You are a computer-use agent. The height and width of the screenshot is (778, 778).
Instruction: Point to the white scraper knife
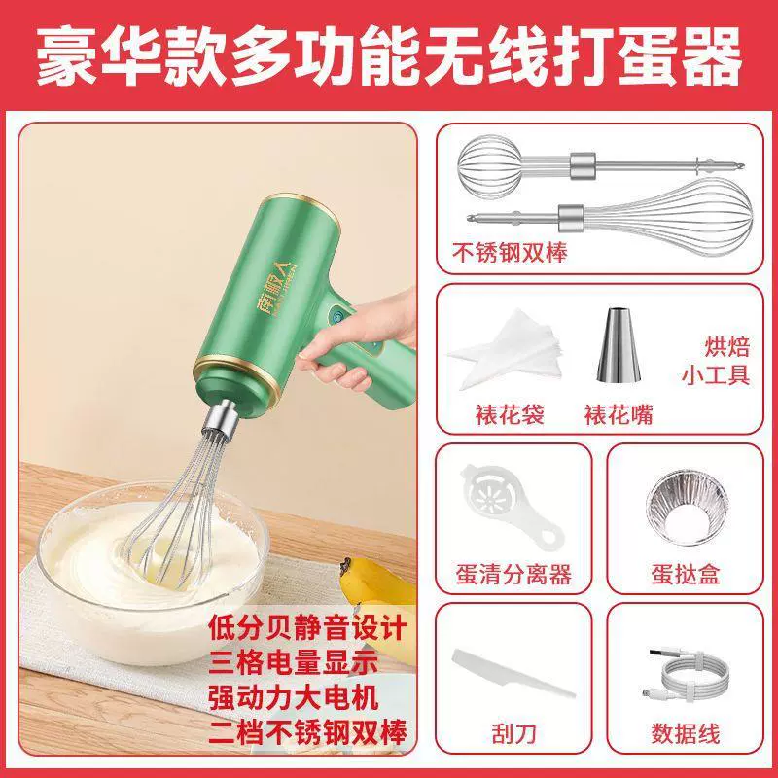(513, 673)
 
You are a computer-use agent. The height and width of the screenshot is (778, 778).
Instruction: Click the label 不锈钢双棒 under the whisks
(510, 253)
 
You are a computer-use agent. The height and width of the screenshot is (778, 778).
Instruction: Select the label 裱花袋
(510, 414)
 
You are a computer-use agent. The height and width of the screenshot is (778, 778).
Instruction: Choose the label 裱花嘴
(619, 414)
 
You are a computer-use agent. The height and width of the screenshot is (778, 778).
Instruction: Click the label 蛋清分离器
(513, 574)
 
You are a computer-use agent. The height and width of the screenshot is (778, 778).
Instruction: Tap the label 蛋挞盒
(686, 574)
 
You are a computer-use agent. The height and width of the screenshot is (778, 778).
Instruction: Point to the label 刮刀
(514, 733)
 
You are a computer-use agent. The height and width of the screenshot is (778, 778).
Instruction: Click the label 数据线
(686, 733)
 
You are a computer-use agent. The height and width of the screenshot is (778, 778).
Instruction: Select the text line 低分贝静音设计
(307, 628)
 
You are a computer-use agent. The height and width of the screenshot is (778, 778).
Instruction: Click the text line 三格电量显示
(294, 662)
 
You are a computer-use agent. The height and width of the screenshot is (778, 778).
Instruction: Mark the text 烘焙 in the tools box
(726, 346)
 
